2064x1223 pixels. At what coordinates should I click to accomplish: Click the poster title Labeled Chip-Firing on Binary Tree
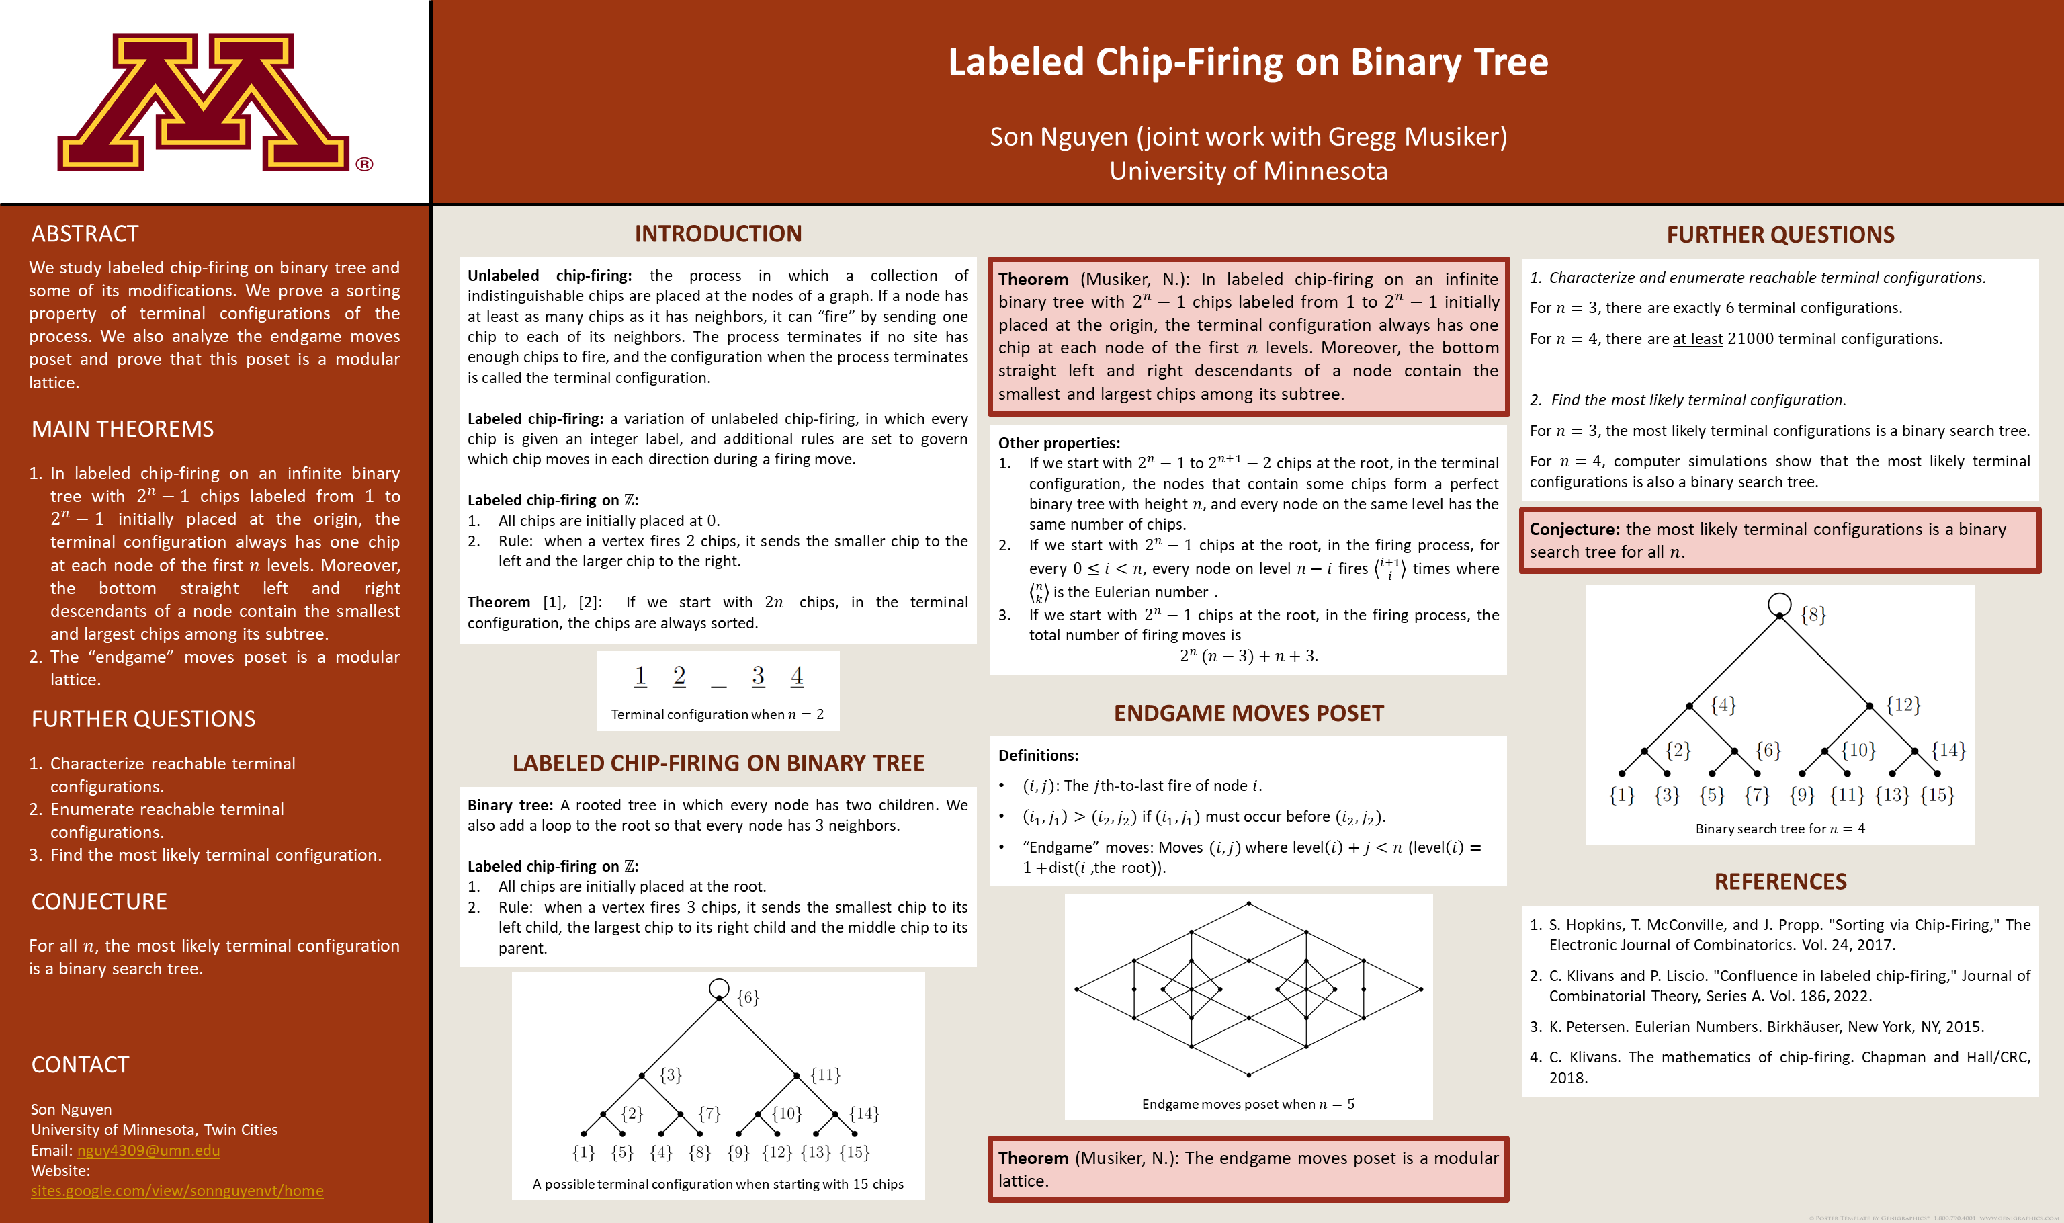(1248, 62)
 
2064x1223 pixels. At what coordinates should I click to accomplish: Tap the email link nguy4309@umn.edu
(148, 1150)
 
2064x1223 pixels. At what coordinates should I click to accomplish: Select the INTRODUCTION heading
(718, 234)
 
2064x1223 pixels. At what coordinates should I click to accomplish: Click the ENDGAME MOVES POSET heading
(1248, 714)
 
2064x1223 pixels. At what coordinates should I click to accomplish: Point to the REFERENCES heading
(1780, 882)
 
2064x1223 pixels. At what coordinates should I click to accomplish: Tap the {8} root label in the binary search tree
(1813, 615)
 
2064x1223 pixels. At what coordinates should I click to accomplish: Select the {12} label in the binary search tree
(1903, 705)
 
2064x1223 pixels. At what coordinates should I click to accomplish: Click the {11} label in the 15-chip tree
(826, 1074)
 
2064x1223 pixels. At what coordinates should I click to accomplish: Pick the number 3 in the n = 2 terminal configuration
(758, 676)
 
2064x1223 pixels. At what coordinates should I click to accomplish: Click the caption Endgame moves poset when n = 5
(1248, 1104)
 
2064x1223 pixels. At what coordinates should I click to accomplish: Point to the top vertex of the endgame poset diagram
(1248, 904)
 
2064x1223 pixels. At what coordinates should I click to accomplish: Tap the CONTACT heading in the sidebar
(80, 1066)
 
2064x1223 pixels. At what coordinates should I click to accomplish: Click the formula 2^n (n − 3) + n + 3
(1248, 657)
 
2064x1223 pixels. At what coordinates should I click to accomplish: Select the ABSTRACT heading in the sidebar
(85, 234)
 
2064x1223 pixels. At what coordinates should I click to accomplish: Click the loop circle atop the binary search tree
(1780, 604)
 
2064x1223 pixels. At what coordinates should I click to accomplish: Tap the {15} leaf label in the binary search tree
(1936, 795)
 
